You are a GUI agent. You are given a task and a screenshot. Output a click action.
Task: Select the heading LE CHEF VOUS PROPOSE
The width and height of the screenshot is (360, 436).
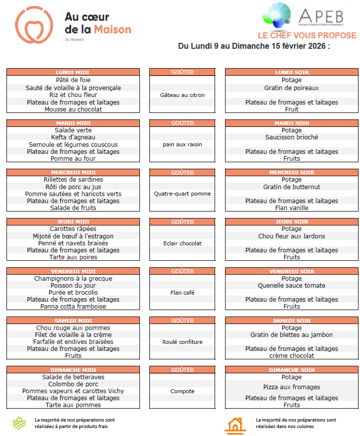pyautogui.click(x=307, y=36)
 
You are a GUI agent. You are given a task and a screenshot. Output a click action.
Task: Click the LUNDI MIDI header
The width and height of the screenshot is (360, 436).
pyautogui.click(x=73, y=73)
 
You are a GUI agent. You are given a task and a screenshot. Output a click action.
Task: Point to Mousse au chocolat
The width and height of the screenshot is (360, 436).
pyautogui.click(x=73, y=109)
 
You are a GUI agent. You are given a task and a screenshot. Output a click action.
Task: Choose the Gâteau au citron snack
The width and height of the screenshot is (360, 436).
pyautogui.click(x=182, y=95)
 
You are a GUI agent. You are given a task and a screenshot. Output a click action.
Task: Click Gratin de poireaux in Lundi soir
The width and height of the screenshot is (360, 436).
pyautogui.click(x=291, y=88)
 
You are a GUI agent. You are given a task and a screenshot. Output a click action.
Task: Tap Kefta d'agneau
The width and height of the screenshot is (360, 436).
pyautogui.click(x=73, y=137)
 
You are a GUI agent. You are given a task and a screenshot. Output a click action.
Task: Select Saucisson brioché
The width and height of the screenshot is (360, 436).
pyautogui.click(x=291, y=137)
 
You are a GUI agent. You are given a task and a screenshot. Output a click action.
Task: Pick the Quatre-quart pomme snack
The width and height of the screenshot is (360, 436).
pyautogui.click(x=182, y=194)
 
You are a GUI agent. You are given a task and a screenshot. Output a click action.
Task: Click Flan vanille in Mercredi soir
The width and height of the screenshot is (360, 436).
pyautogui.click(x=291, y=208)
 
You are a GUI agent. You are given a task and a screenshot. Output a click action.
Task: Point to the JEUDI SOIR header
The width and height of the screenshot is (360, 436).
pyautogui.click(x=291, y=222)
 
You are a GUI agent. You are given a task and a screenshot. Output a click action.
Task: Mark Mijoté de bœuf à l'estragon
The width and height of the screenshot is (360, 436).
pyautogui.click(x=73, y=236)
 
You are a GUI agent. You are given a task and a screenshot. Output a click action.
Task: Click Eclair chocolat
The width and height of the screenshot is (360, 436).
pyautogui.click(x=182, y=243)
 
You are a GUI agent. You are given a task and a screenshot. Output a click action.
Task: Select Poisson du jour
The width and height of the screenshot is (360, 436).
pyautogui.click(x=73, y=286)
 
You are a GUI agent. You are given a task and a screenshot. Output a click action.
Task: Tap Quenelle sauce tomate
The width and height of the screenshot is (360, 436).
pyautogui.click(x=291, y=286)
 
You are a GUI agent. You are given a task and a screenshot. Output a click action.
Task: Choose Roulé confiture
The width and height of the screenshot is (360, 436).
pyautogui.click(x=182, y=342)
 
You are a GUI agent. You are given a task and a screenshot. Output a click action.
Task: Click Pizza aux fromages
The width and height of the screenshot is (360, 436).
pyautogui.click(x=291, y=387)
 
